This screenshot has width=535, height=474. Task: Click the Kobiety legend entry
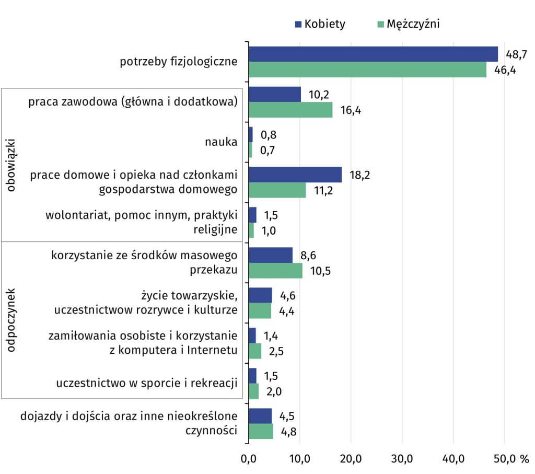pyautogui.click(x=320, y=25)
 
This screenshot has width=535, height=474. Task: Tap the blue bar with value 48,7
pyautogui.click(x=373, y=54)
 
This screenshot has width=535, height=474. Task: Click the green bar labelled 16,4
pyautogui.click(x=290, y=110)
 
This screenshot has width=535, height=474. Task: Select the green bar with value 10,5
pyautogui.click(x=275, y=271)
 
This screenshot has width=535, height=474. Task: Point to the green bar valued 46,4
pyautogui.click(x=367, y=70)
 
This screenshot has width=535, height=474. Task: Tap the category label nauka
pyautogui.click(x=221, y=142)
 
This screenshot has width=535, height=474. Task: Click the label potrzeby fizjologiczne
pyautogui.click(x=179, y=62)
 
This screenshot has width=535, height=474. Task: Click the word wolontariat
pyautogui.click(x=77, y=215)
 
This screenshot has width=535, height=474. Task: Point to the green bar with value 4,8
pyautogui.click(x=261, y=432)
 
